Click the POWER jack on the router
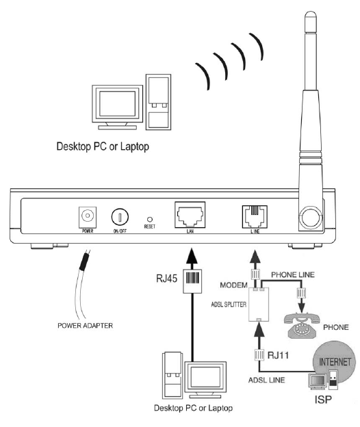pos(88,217)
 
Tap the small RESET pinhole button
pos(149,219)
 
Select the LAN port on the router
pos(190,215)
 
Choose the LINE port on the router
pos(255,217)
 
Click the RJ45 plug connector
pos(192,281)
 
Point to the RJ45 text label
pos(167,279)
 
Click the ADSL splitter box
pos(259,305)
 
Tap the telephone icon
pos(302,325)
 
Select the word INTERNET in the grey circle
pos(335,361)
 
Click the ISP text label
pos(323,400)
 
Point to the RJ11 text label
pos(278,355)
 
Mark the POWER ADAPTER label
pos(86,326)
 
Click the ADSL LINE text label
pos(267,380)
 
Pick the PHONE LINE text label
pos(293,274)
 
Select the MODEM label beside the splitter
pos(233,285)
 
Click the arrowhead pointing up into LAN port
pos(192,256)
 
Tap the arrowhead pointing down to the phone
pos(301,307)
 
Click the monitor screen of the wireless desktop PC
pos(117,104)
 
